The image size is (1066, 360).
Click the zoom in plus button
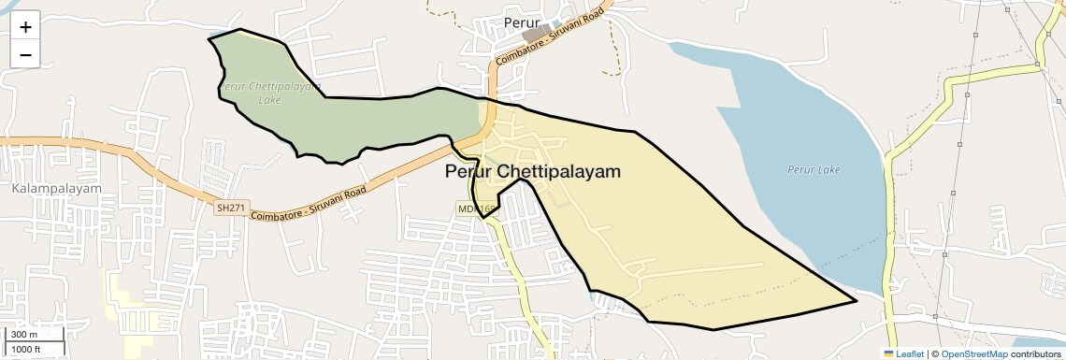click(25, 27)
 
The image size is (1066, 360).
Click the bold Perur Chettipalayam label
click(532, 172)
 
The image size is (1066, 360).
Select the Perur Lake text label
click(814, 169)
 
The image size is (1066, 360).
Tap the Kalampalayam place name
click(57, 188)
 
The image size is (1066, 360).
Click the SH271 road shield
click(228, 208)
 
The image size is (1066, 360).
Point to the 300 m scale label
click(25, 335)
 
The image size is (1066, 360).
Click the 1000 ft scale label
click(28, 349)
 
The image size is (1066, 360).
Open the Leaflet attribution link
click(909, 353)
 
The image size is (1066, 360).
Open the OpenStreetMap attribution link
click(974, 353)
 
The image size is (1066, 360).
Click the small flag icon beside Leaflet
click(888, 353)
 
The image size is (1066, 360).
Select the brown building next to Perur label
click(536, 34)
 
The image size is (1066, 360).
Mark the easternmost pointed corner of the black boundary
click(856, 301)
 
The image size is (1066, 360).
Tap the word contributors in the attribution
click(1035, 353)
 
